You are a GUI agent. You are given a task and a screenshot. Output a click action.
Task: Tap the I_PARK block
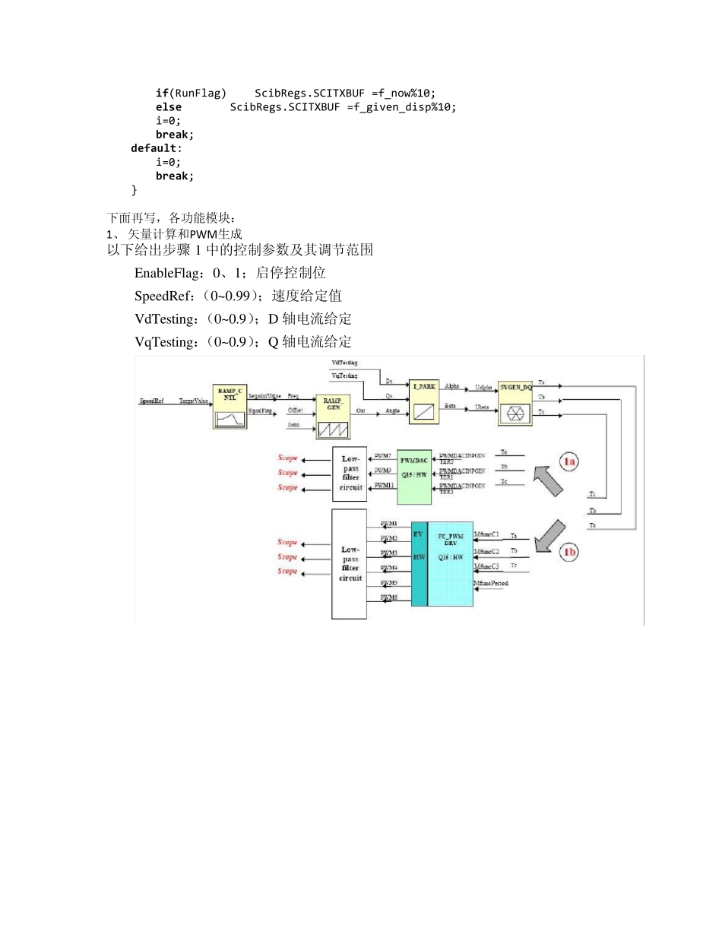click(425, 401)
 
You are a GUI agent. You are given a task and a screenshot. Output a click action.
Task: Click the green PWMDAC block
click(414, 477)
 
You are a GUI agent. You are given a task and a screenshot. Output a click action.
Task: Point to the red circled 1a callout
click(569, 461)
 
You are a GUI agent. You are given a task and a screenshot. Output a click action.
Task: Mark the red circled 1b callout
click(569, 552)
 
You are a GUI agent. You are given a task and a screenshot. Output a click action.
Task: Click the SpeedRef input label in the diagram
click(151, 400)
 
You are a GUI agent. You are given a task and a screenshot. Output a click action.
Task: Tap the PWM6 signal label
click(389, 597)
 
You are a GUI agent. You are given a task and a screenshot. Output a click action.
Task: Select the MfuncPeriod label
click(490, 583)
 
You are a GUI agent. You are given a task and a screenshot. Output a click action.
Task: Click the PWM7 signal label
click(383, 456)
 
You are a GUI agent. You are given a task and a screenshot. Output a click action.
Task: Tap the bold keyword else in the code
click(169, 107)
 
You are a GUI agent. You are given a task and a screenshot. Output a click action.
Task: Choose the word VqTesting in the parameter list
click(165, 342)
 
